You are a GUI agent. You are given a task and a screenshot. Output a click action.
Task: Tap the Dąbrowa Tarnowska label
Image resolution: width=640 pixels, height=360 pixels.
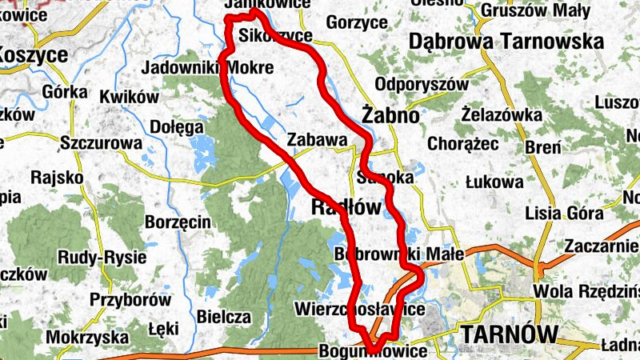coord(506,41)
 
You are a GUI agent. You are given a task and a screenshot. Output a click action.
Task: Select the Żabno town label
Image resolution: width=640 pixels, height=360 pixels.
coord(390,115)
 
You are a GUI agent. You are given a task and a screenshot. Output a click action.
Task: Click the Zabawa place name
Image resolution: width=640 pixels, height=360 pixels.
coord(317,140)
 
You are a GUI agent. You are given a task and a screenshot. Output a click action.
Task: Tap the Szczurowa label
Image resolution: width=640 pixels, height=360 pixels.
coord(102,143)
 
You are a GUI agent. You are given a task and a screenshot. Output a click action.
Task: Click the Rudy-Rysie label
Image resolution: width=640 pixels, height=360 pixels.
coord(102,258)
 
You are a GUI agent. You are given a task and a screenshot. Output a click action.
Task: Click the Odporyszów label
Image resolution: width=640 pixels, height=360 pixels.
coord(421,83)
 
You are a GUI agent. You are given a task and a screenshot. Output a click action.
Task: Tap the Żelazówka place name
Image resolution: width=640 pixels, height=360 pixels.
coord(502,114)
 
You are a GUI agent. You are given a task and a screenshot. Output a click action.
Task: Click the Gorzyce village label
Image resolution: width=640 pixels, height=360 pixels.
coord(356,23)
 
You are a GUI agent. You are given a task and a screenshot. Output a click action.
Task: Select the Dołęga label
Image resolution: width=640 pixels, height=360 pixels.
coord(176,126)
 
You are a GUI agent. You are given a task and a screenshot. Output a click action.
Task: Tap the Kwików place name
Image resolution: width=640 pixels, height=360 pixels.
coord(130,97)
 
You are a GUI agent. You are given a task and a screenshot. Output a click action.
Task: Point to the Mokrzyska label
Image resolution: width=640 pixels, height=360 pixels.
coord(87,338)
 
